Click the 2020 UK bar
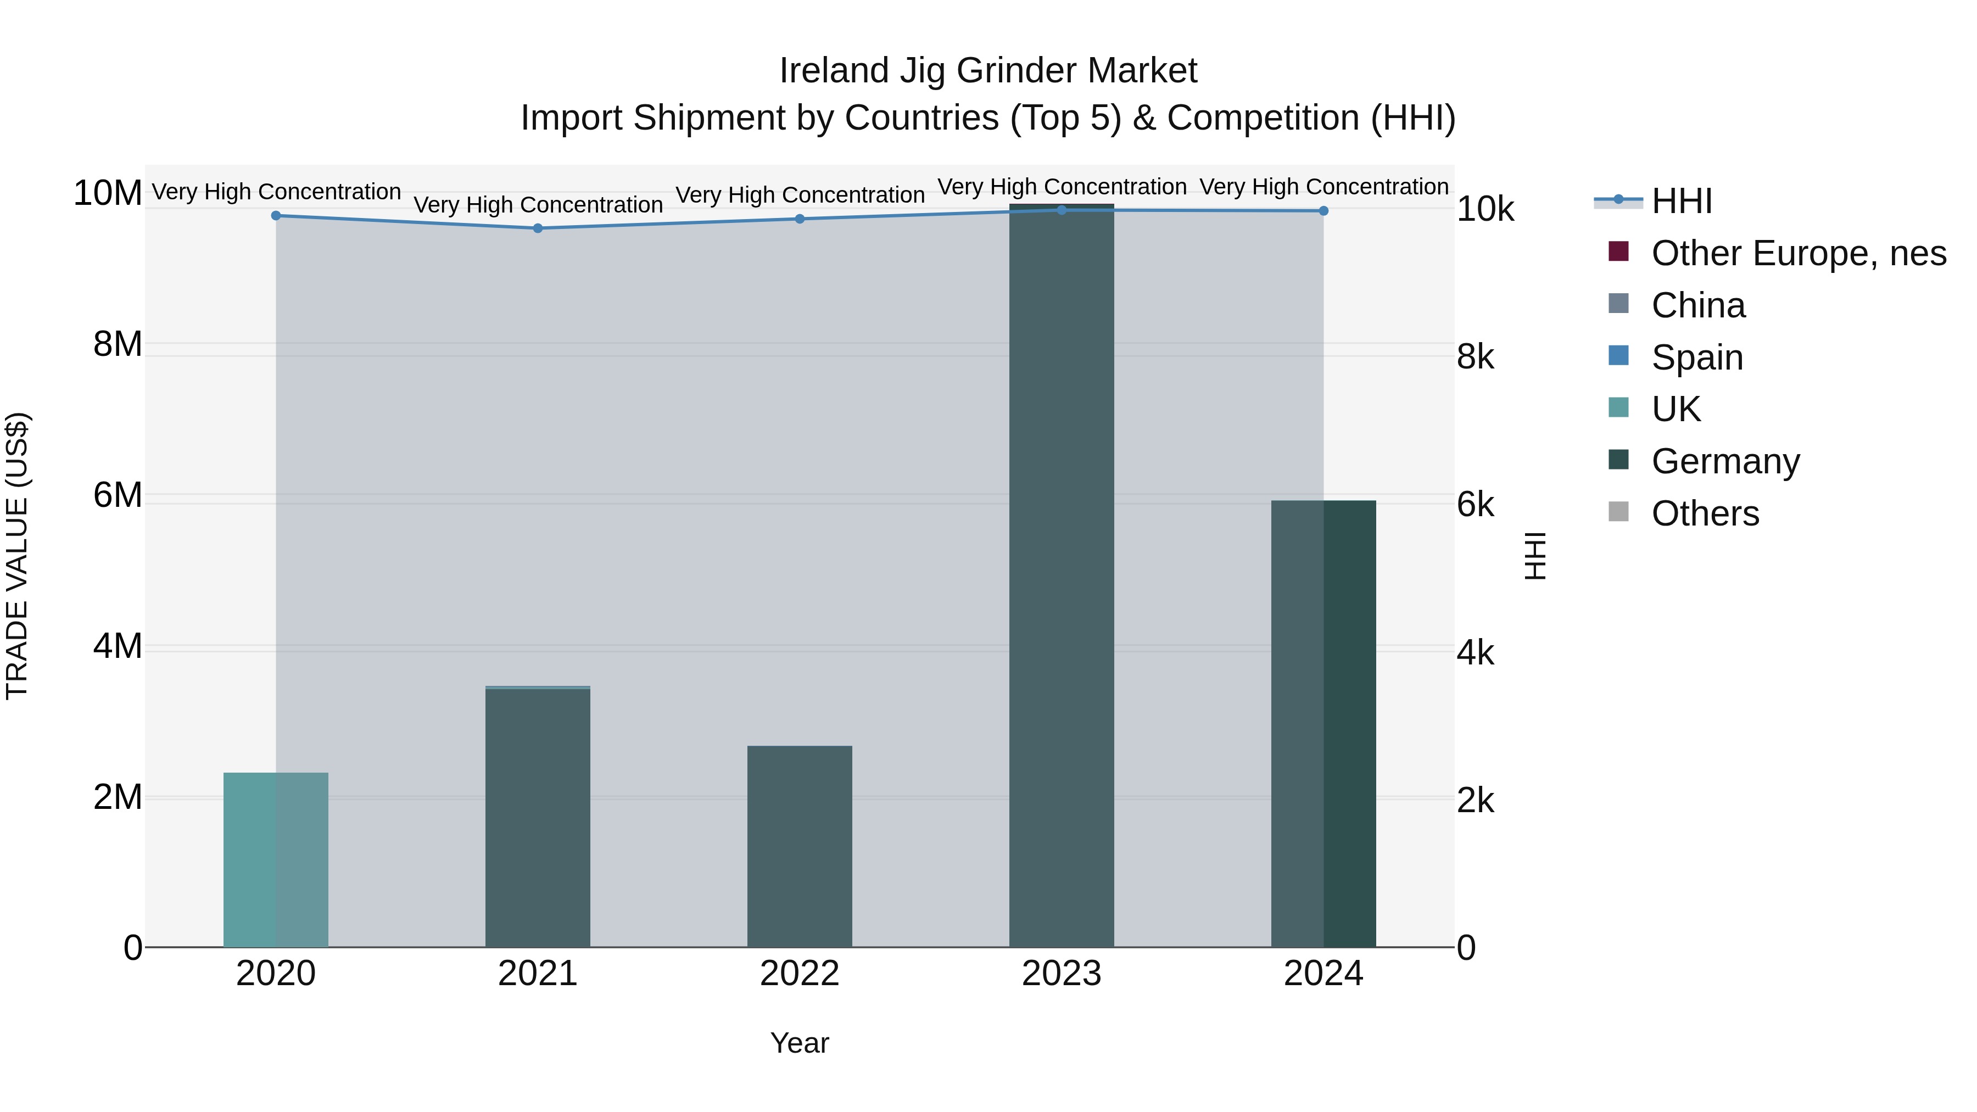(x=276, y=859)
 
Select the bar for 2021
(x=537, y=817)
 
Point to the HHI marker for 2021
(x=537, y=228)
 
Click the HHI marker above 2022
(x=799, y=219)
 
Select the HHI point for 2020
(x=276, y=216)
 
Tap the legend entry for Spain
(x=1697, y=357)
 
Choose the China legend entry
(x=1697, y=305)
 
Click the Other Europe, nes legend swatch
(x=1618, y=252)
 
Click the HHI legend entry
(x=1681, y=201)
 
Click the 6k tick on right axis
(x=1475, y=505)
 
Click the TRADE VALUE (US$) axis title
(x=17, y=556)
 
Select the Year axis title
(x=799, y=1043)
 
